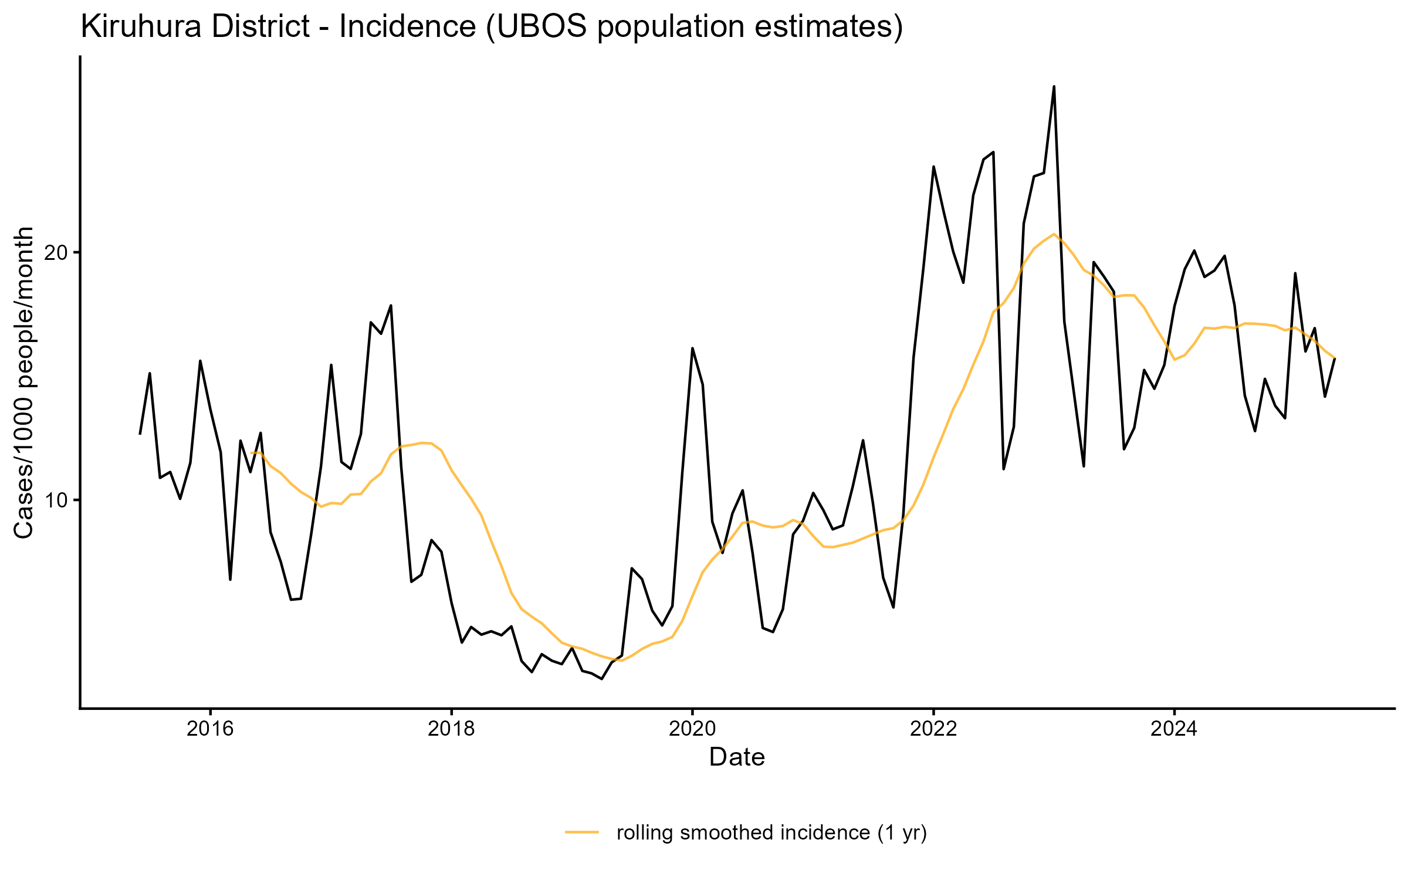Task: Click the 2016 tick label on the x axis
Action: (x=210, y=729)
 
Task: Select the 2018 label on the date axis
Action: (x=451, y=729)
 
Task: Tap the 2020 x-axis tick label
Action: (x=692, y=729)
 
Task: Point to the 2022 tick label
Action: (x=933, y=729)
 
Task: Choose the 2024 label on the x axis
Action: (x=1174, y=729)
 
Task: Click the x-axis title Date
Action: (x=737, y=757)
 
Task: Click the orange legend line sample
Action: (x=582, y=832)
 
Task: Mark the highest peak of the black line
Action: (x=1054, y=86)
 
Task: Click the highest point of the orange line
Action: (x=1054, y=234)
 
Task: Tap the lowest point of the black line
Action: (x=602, y=679)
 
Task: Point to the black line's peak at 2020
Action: (x=692, y=348)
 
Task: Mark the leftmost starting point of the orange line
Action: (x=251, y=452)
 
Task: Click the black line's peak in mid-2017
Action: (x=391, y=305)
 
